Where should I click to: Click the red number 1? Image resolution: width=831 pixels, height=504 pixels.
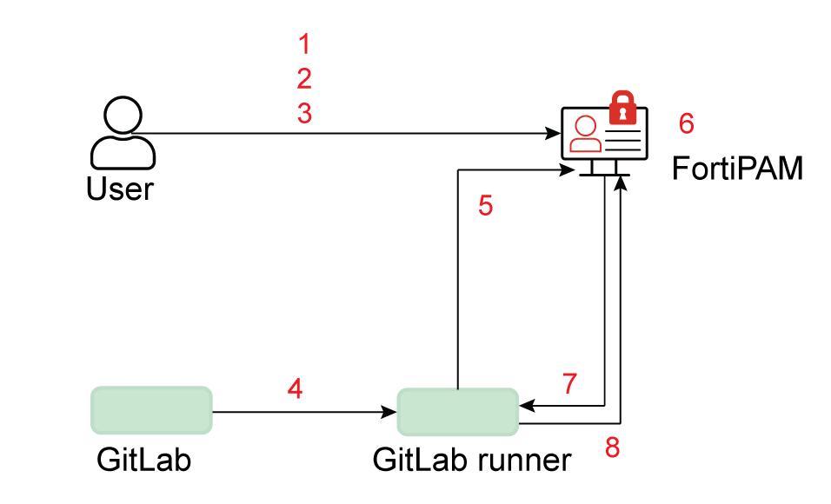pyautogui.click(x=303, y=43)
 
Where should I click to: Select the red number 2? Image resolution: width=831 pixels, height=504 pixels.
pyautogui.click(x=303, y=79)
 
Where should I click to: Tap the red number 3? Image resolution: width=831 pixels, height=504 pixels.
pyautogui.click(x=303, y=114)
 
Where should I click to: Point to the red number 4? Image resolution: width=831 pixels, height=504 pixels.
pyautogui.click(x=296, y=389)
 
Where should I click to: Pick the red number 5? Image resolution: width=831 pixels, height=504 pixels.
pyautogui.click(x=486, y=206)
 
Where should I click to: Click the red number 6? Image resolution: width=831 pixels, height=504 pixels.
pyautogui.click(x=687, y=124)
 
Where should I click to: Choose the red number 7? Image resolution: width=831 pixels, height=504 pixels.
pyautogui.click(x=569, y=383)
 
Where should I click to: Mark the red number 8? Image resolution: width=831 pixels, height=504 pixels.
pyautogui.click(x=613, y=448)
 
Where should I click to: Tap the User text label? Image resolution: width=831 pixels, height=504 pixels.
pyautogui.click(x=120, y=189)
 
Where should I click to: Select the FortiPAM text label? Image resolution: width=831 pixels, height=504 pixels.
pyautogui.click(x=737, y=168)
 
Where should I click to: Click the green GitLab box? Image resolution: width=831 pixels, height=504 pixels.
pyautogui.click(x=151, y=410)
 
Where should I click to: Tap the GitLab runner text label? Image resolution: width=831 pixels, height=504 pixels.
pyautogui.click(x=472, y=460)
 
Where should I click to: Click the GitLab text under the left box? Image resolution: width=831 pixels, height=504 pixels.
pyautogui.click(x=143, y=460)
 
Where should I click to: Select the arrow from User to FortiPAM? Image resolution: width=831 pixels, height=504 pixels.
pyautogui.click(x=348, y=134)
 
